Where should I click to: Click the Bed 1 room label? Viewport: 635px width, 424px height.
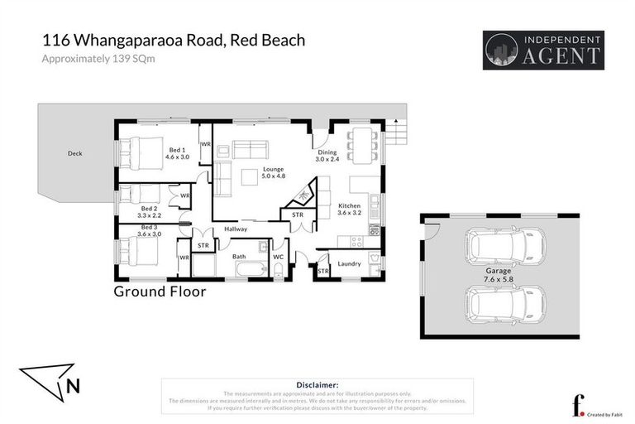point(177,152)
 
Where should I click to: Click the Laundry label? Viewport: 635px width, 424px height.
point(349,263)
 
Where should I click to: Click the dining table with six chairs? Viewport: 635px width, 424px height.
point(362,145)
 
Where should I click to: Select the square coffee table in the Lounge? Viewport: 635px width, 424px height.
point(250,176)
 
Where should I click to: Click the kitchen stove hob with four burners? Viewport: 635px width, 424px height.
point(358,242)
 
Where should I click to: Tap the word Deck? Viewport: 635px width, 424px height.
point(75,153)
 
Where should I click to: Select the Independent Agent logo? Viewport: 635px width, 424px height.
point(542,50)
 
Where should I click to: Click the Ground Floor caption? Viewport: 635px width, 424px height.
point(160,291)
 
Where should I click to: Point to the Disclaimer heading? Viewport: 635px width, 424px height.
point(317,385)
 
